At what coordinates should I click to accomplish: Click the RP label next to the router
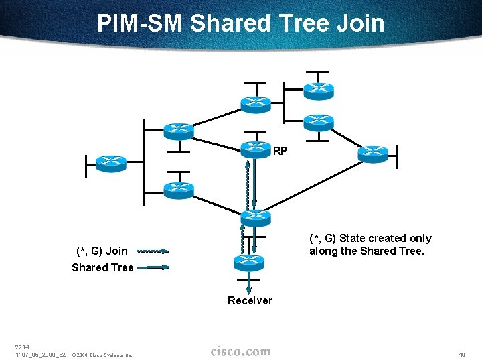[280, 152]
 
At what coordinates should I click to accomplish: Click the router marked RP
[255, 148]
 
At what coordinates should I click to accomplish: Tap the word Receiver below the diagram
[250, 300]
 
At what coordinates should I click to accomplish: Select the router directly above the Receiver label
[248, 261]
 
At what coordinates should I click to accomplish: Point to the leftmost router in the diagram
[110, 162]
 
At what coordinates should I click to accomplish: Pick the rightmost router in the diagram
[372, 154]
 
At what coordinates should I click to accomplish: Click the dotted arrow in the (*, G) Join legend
[153, 252]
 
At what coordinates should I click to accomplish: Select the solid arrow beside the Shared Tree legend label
[153, 267]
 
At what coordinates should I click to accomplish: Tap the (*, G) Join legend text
[102, 251]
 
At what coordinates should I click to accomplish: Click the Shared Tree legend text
[102, 267]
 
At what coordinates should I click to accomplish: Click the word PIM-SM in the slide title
[140, 23]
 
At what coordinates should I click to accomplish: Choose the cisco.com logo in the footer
[240, 351]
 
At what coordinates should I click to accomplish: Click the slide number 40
[461, 355]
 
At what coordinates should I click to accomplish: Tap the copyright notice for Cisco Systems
[102, 355]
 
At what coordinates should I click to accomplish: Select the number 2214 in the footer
[21, 347]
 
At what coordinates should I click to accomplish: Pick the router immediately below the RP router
[254, 216]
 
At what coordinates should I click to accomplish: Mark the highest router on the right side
[318, 89]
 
